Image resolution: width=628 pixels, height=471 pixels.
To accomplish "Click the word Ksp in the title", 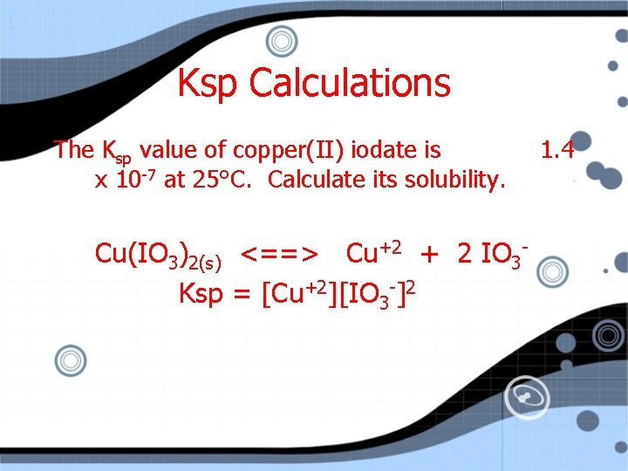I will tap(208, 84).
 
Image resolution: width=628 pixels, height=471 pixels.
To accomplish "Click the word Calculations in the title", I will tap(350, 84).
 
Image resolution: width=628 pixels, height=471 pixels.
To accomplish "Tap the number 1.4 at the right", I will tap(556, 150).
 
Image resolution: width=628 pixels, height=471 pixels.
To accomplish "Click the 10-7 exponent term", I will tap(136, 180).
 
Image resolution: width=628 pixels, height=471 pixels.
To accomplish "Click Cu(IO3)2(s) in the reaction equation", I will tap(157, 255).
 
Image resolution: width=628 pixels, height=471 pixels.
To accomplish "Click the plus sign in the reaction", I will tap(428, 254).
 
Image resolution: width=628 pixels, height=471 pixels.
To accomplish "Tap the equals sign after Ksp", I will tap(242, 294).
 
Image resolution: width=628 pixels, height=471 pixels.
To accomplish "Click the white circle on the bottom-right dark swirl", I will tap(526, 398).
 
